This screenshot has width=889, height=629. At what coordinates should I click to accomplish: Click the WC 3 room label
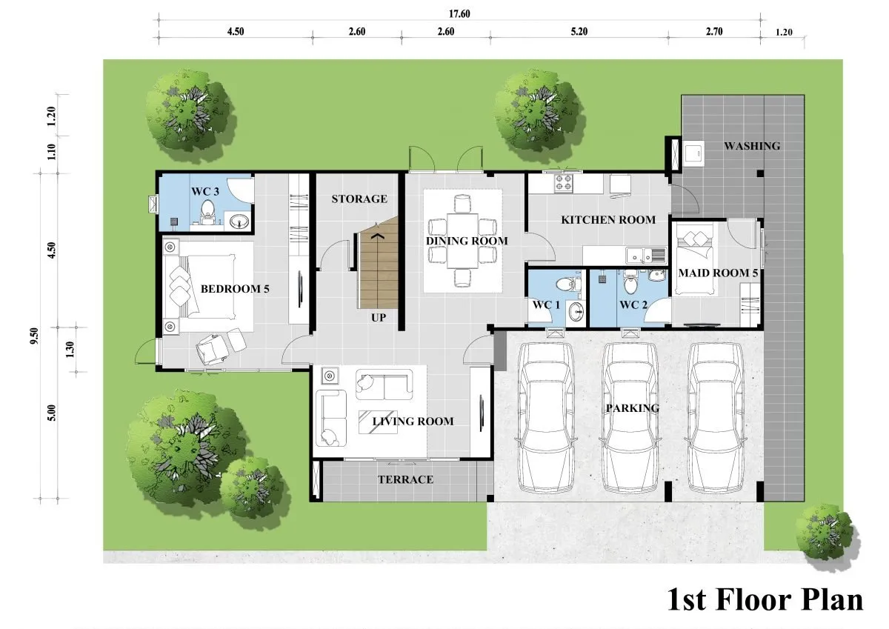(204, 192)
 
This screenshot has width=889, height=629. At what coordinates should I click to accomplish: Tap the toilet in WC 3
(207, 210)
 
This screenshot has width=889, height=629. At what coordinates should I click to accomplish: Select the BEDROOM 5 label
(235, 289)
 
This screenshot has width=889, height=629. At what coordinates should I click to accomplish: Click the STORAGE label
(359, 199)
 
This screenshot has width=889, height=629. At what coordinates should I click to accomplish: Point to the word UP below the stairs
(379, 318)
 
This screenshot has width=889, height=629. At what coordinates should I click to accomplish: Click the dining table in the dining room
(463, 241)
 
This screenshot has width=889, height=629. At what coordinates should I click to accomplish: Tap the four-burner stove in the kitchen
(564, 183)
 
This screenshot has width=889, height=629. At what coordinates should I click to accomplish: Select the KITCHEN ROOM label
(608, 220)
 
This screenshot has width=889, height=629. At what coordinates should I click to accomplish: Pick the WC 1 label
(546, 305)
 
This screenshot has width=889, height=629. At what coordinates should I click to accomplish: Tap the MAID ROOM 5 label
(718, 273)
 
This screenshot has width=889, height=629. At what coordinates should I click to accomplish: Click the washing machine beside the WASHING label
(694, 153)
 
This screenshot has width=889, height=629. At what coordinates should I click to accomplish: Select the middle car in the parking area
(630, 418)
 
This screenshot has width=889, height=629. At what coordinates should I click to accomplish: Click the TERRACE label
(405, 480)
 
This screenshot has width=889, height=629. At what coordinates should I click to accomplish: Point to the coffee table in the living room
(378, 422)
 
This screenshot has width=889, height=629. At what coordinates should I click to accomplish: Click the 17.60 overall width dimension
(459, 14)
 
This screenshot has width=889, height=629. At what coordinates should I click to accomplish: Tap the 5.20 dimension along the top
(579, 32)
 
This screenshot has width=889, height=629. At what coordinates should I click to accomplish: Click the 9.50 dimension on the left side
(35, 336)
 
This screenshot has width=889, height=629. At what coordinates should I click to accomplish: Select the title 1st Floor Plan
(765, 600)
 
